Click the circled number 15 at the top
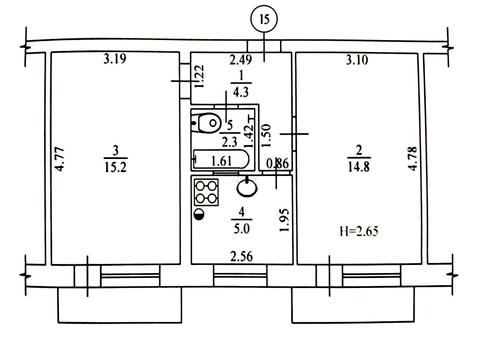click(x=264, y=19)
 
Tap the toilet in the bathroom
click(x=206, y=123)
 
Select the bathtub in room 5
click(x=221, y=160)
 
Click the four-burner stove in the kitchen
click(x=206, y=192)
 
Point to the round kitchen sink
click(x=247, y=187)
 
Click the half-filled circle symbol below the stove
click(x=199, y=214)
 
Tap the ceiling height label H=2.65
click(x=359, y=231)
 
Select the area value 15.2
click(x=115, y=167)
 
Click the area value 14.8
click(x=359, y=166)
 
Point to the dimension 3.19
click(x=115, y=59)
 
